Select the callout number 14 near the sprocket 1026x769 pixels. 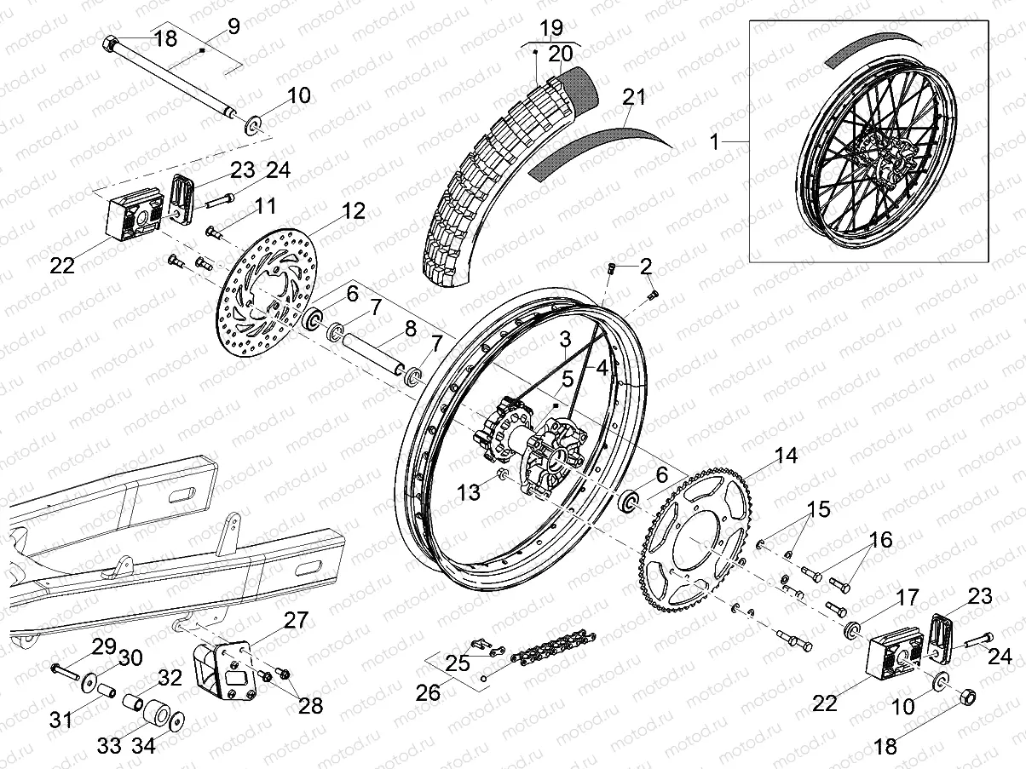(x=786, y=456)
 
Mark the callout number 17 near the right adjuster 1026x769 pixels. (x=908, y=598)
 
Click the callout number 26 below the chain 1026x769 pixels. (x=429, y=692)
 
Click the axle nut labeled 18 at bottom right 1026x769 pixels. (x=969, y=697)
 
